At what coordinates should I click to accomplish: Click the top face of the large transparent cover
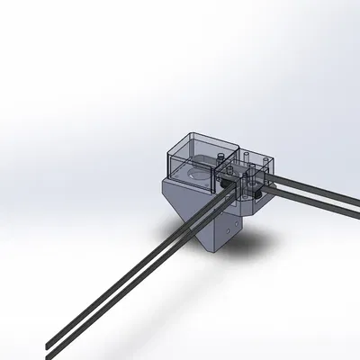tap(202, 144)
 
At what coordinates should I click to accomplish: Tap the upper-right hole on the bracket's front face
tap(236, 216)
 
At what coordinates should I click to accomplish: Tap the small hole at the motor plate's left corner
tap(173, 165)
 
